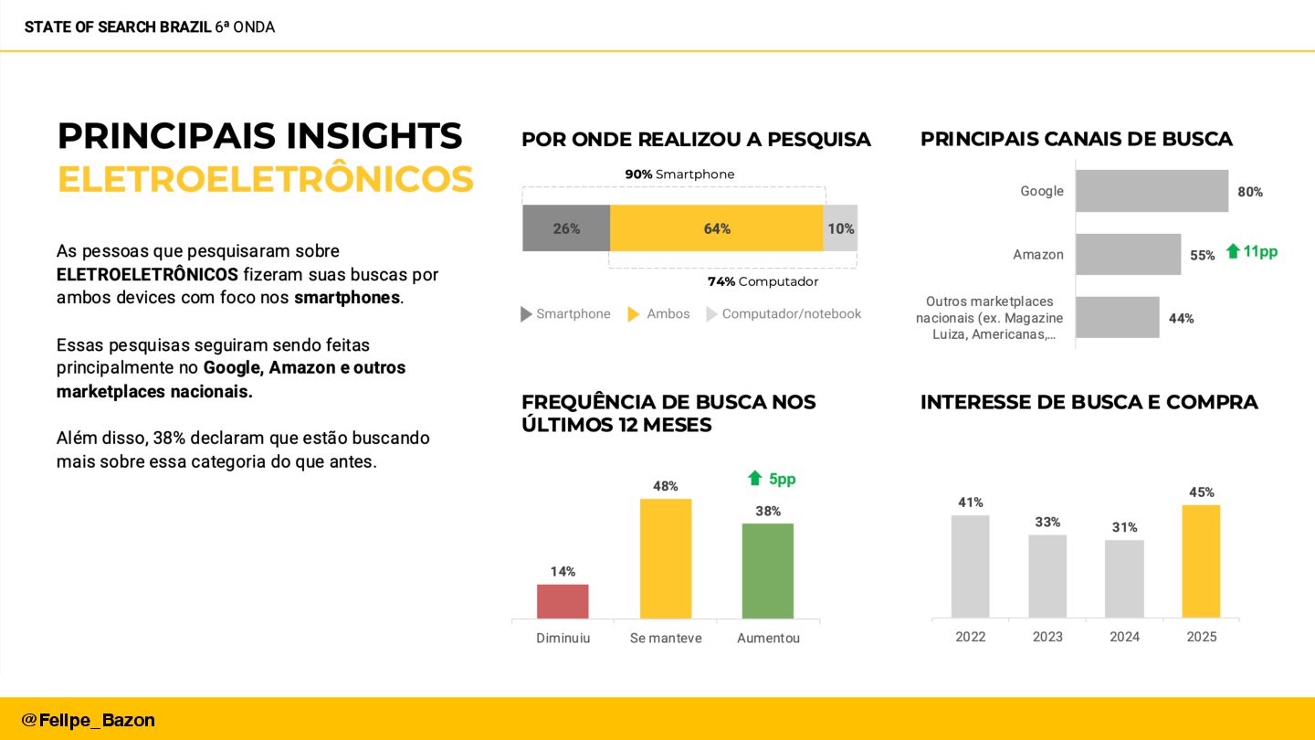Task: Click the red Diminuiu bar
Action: [x=563, y=601]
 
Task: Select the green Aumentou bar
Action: [x=767, y=570]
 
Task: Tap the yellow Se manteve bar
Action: [x=666, y=558]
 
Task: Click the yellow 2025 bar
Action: [x=1201, y=561]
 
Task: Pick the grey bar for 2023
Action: [x=1047, y=576]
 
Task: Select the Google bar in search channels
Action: [x=1152, y=191]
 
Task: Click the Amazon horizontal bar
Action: [x=1128, y=254]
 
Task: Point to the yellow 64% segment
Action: [x=716, y=228]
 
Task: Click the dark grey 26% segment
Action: [x=566, y=228]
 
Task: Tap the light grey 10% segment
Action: [x=840, y=228]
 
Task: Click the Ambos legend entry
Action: [x=659, y=314]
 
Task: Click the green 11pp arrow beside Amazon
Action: [x=1233, y=251]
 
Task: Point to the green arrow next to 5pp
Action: [x=754, y=478]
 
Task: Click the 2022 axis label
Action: [x=970, y=637]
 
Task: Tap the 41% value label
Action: [x=970, y=502]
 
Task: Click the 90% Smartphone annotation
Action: [x=679, y=174]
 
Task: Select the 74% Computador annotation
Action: [x=763, y=281]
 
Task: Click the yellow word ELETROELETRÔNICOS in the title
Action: [x=265, y=179]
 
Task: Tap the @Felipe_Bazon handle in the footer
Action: [x=88, y=720]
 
